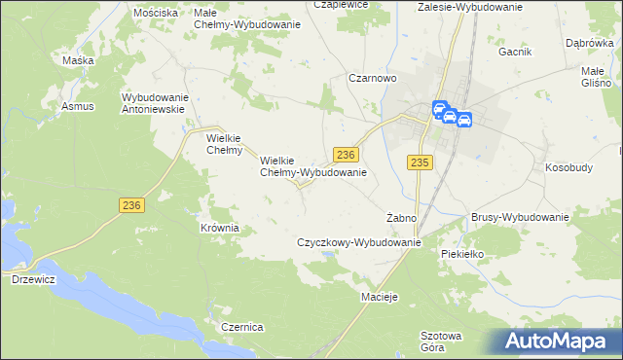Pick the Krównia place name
pos(219,228)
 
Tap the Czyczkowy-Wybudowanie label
pos(358,241)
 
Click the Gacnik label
pos(514,51)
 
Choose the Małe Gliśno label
pos(595,77)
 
